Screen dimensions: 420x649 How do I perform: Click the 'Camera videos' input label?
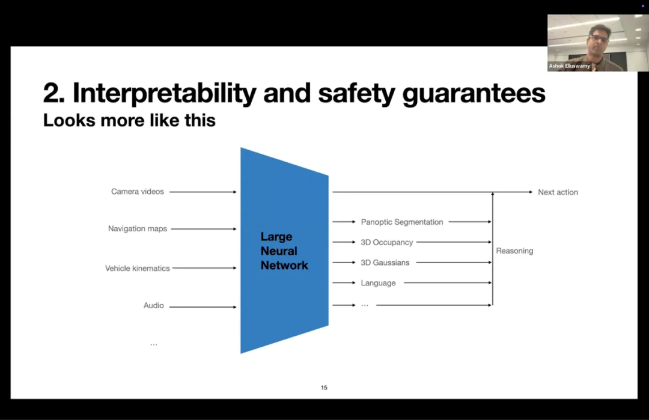tap(137, 192)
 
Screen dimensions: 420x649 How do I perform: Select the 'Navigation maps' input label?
tap(138, 229)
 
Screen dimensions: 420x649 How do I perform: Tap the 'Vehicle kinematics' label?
tap(138, 269)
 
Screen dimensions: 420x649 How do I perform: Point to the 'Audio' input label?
tap(153, 306)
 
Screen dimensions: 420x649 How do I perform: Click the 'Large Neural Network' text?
tap(284, 251)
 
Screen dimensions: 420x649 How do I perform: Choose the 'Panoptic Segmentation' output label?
tap(402, 222)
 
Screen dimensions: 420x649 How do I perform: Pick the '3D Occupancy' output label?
tap(387, 243)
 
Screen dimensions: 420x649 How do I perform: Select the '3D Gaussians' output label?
tap(385, 263)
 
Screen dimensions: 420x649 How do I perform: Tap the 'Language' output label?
tap(378, 283)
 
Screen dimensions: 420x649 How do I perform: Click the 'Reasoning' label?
tap(514, 251)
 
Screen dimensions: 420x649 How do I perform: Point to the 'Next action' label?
tap(558, 192)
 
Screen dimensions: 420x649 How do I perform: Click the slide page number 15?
tap(324, 388)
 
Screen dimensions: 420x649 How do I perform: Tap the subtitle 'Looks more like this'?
tap(129, 121)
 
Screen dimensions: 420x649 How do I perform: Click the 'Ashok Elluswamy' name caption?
tap(569, 66)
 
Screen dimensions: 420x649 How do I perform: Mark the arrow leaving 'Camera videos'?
tap(203, 192)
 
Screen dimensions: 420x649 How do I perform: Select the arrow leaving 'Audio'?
tap(203, 307)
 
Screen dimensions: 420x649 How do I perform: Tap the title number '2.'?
tap(54, 94)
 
